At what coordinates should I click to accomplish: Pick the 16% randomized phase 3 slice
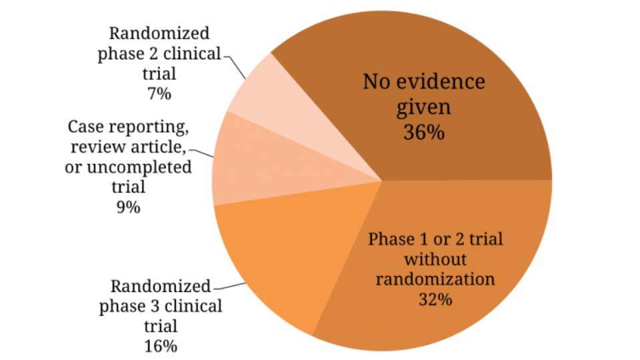(286, 253)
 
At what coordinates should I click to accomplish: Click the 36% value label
(424, 132)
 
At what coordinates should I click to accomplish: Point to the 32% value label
(435, 299)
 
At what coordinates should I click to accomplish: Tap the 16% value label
(161, 347)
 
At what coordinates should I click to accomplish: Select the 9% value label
(128, 207)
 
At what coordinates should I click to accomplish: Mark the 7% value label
(159, 94)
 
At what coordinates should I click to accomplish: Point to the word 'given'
(424, 107)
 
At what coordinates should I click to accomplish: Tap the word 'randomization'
(435, 279)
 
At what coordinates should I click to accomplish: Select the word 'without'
(435, 259)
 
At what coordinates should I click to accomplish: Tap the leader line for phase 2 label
(234, 66)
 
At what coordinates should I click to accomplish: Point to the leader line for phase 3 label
(229, 286)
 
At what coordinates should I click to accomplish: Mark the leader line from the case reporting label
(201, 153)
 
